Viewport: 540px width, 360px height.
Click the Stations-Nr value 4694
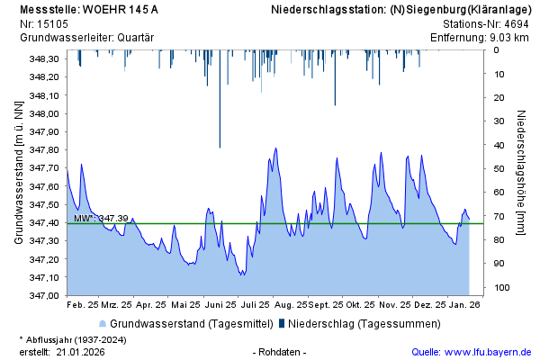click(x=516, y=24)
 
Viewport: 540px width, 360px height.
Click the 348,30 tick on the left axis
click(x=44, y=59)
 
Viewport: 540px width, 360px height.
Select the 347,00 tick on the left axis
click(x=44, y=295)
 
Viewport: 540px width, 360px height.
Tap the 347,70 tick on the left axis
click(x=44, y=168)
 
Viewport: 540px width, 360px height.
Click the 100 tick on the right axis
click(x=501, y=287)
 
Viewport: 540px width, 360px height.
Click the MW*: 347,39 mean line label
click(x=101, y=219)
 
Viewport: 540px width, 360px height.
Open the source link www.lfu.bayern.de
click(x=487, y=352)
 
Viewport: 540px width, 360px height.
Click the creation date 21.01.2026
click(x=80, y=352)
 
